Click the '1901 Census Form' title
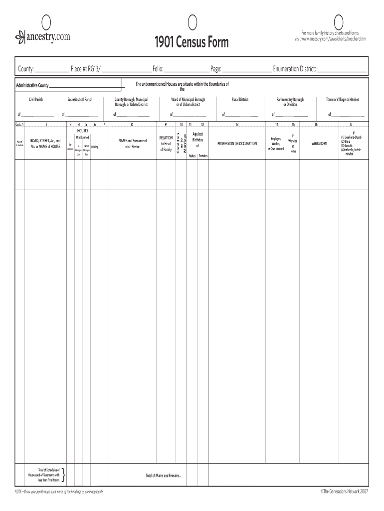pyautogui.click(x=192, y=43)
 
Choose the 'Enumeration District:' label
pyautogui.click(x=294, y=68)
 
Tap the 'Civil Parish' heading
pyautogui.click(x=38, y=100)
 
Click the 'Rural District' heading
pyautogui.click(x=240, y=100)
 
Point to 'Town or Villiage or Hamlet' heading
pyautogui.click(x=342, y=100)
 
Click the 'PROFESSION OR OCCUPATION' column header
pyautogui.click(x=237, y=144)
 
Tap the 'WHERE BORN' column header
pyautogui.click(x=319, y=144)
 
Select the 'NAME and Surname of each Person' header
pyautogui.click(x=132, y=144)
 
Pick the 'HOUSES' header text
pyautogui.click(x=82, y=130)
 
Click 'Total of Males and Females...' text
pyautogui.click(x=164, y=476)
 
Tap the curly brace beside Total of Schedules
pyautogui.click(x=66, y=476)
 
